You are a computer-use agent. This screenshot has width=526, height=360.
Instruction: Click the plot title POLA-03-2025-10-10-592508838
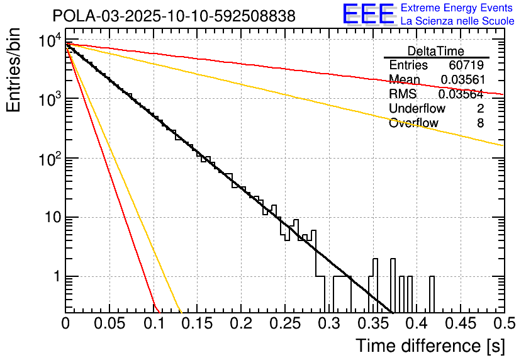coord(174,16)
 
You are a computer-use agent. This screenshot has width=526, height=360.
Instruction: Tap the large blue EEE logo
coord(368,14)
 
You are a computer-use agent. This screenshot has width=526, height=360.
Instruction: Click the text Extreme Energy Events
coord(457,8)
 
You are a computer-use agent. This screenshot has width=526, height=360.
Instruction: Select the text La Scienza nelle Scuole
coord(457,21)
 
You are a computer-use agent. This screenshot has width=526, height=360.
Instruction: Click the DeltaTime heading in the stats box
coord(436,51)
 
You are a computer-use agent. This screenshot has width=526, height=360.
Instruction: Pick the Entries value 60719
coord(466,65)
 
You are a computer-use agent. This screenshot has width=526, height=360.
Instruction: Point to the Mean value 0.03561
coord(462,80)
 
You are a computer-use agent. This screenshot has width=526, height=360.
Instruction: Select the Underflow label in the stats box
coord(417,109)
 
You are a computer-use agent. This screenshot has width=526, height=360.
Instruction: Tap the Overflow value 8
coord(480,123)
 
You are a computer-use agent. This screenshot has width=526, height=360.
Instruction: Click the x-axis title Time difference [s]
coord(430,346)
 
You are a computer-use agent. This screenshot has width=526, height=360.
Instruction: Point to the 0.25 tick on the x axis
coord(284,325)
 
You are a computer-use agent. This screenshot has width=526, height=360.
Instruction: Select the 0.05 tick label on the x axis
coord(109,325)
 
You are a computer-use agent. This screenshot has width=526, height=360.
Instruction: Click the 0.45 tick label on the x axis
coord(459,325)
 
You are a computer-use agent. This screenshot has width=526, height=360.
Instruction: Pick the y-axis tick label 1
coord(55,277)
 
